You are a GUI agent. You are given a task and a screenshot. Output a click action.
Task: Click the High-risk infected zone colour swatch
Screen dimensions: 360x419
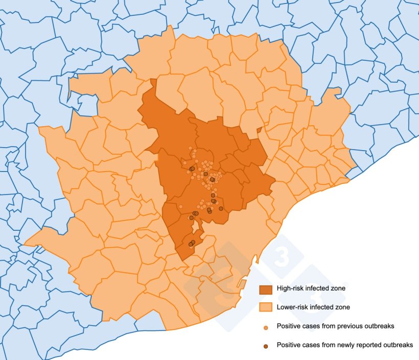coord(266,289)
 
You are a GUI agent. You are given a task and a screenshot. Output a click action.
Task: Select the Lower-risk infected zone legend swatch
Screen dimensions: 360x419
coord(266,307)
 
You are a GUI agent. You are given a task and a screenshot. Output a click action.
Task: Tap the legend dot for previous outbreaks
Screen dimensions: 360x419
coord(266,326)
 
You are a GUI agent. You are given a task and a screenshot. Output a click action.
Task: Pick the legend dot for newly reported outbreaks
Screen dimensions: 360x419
coord(266,346)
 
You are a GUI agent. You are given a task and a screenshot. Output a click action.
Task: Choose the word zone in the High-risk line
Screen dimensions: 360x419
coord(338,289)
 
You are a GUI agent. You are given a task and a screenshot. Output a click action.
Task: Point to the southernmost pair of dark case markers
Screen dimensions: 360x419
coord(192,244)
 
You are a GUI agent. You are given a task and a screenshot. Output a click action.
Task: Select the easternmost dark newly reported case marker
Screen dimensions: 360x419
coord(221,208)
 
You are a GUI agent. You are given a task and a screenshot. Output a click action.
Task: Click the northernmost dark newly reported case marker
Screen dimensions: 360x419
coord(192,169)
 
